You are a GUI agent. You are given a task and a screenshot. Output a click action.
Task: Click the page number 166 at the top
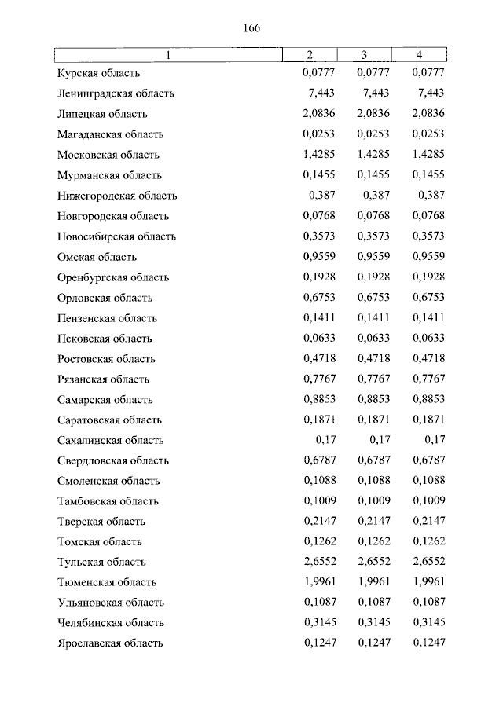(x=251, y=28)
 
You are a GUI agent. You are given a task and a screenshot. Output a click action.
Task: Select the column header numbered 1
(x=167, y=54)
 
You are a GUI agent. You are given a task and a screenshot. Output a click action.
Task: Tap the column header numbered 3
(x=365, y=54)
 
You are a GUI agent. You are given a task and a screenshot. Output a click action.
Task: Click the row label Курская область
(x=98, y=73)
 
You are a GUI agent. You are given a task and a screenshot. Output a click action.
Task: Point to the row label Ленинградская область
(x=116, y=93)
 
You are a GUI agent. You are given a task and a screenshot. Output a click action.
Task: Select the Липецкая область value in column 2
(x=318, y=114)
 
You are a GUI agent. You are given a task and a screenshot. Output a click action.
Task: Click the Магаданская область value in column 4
(x=428, y=134)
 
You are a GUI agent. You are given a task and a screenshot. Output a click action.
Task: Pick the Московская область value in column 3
(x=373, y=155)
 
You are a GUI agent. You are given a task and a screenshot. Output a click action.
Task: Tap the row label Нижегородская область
(x=117, y=196)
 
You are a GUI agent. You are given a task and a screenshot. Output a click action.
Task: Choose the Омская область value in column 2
(x=318, y=257)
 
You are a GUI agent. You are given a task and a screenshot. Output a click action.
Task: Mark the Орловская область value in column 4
(x=428, y=298)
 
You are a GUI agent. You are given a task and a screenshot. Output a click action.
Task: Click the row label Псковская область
(x=105, y=339)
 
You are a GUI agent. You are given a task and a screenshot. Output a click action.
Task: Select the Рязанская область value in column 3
(x=373, y=379)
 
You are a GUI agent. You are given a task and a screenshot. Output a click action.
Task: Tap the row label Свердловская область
(x=113, y=461)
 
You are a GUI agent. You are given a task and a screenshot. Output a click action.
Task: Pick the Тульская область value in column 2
(x=318, y=563)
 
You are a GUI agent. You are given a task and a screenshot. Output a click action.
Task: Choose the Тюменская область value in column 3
(x=373, y=583)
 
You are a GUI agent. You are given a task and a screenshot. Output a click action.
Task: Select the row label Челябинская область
(x=111, y=624)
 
